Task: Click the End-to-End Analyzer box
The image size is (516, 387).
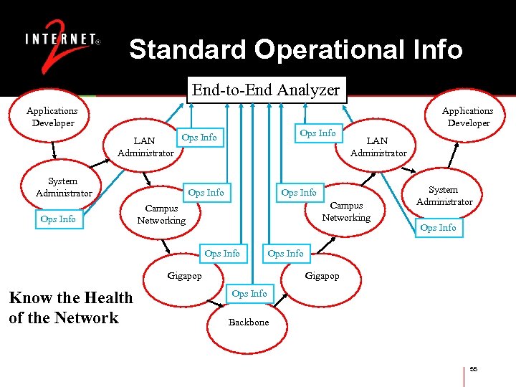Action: (x=265, y=90)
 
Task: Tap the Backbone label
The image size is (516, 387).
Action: (x=249, y=322)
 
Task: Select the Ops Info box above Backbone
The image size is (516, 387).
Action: (x=249, y=294)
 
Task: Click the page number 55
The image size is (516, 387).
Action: (x=474, y=369)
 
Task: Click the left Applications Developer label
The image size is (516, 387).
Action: (x=52, y=117)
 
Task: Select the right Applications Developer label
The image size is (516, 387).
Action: (x=467, y=117)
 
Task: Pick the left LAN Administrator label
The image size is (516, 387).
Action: (x=145, y=147)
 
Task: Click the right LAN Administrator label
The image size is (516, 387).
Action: (x=378, y=147)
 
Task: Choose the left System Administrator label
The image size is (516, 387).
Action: (x=64, y=188)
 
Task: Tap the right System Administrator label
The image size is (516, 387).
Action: (x=444, y=196)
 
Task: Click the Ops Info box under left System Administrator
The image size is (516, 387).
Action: (x=58, y=219)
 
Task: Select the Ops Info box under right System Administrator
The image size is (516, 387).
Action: (x=438, y=228)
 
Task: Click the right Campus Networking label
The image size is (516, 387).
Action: (x=346, y=211)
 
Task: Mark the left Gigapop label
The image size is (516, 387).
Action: (x=184, y=276)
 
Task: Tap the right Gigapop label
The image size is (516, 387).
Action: (x=322, y=276)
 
